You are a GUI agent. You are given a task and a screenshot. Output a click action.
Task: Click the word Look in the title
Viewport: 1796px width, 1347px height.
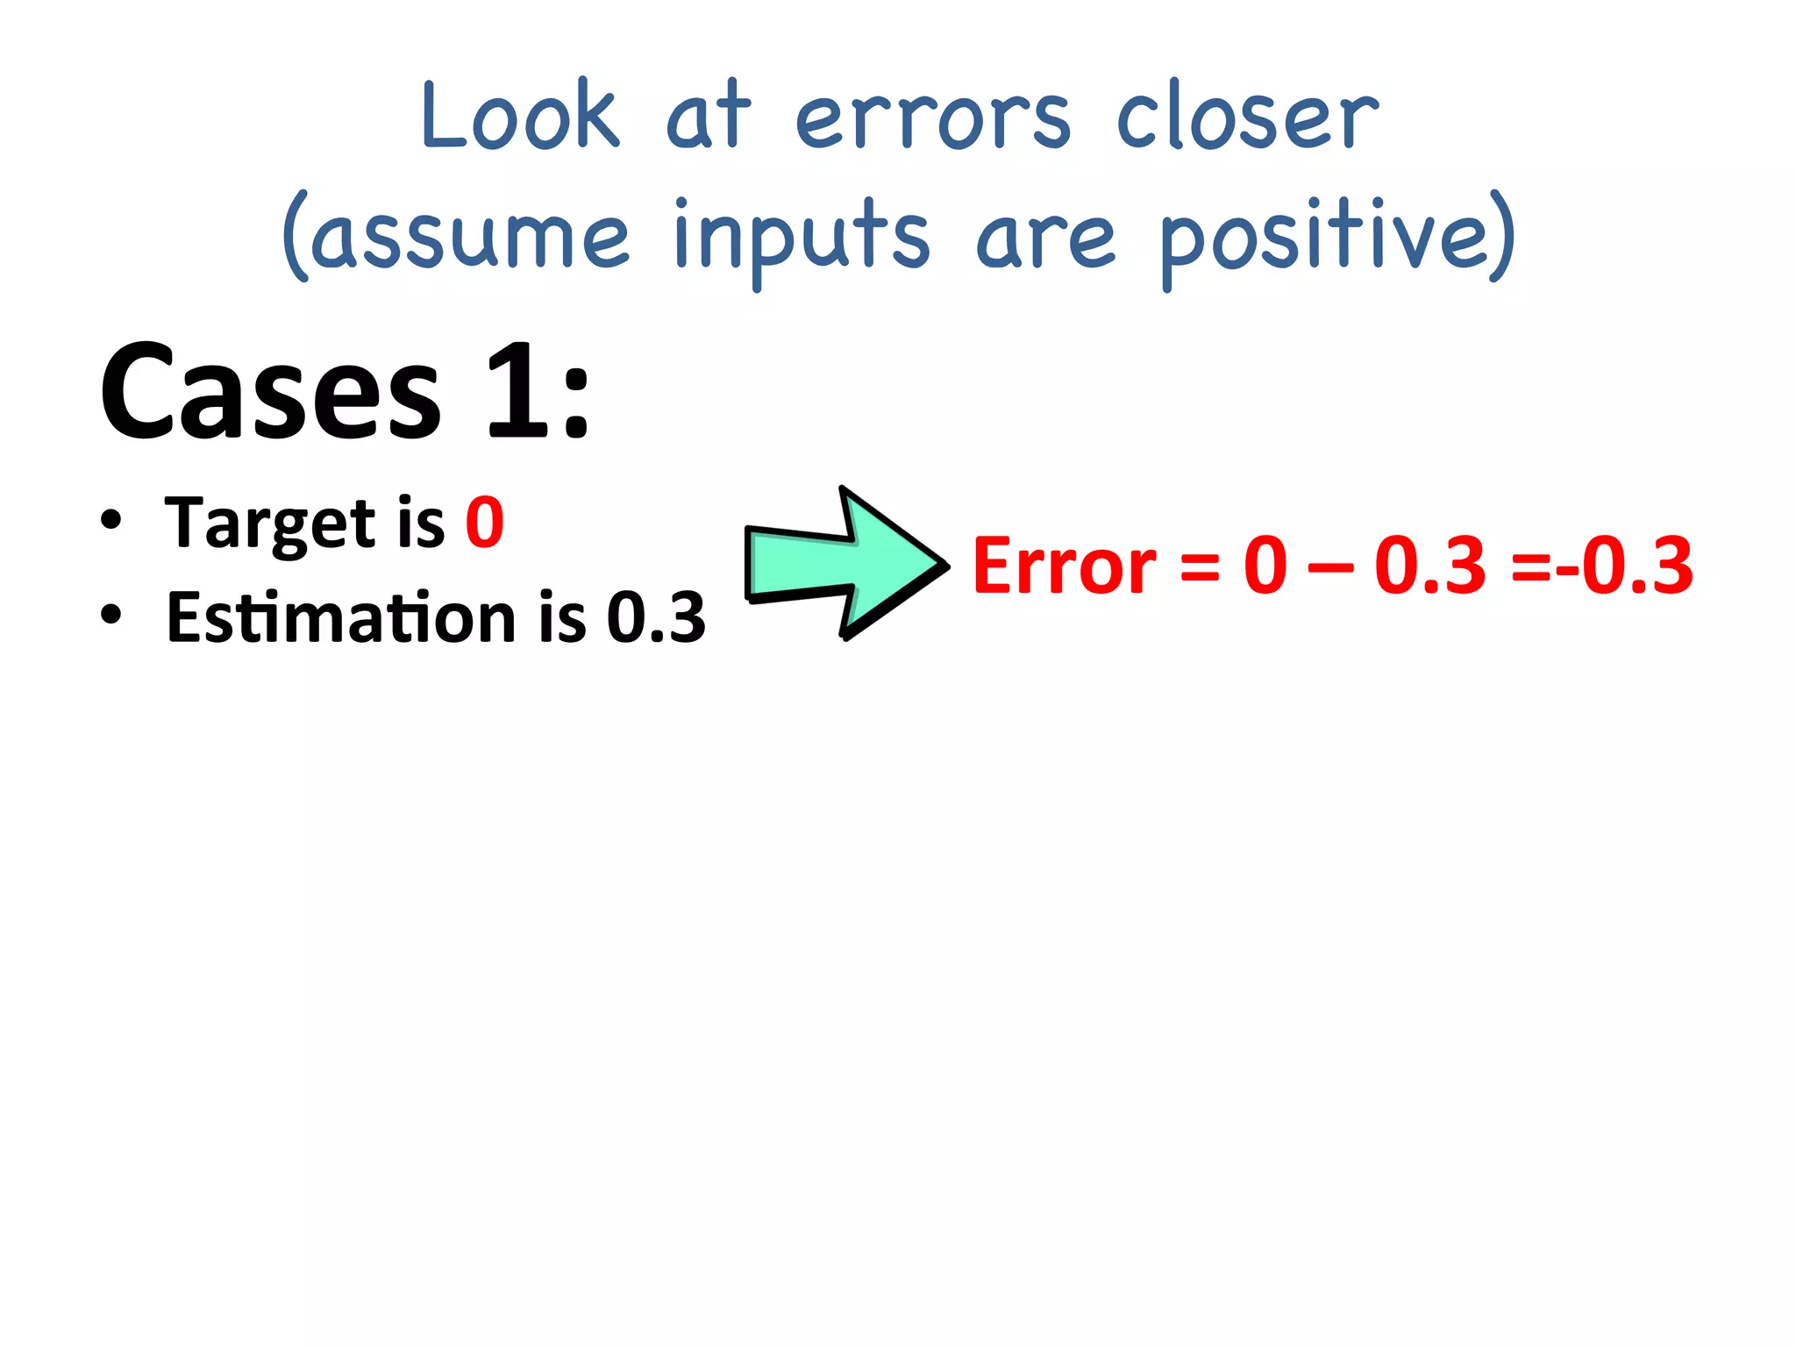(x=520, y=117)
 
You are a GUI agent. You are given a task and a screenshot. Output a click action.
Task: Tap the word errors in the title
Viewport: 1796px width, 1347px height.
(x=932, y=120)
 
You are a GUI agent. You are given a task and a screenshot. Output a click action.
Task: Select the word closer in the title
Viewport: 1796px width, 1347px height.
(x=1247, y=118)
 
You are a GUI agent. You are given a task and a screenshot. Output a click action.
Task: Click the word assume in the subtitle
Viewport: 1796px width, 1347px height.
(x=471, y=237)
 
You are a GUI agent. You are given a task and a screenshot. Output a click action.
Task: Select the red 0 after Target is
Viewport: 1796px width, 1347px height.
(x=485, y=523)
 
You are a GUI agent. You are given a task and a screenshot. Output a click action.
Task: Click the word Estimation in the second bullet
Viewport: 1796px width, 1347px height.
(x=340, y=617)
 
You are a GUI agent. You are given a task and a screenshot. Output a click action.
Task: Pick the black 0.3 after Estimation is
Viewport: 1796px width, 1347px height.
(x=656, y=617)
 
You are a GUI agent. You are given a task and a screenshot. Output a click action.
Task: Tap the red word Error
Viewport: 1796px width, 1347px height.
(x=1064, y=567)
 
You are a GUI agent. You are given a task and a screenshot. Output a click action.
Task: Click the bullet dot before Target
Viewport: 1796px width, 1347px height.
(x=110, y=519)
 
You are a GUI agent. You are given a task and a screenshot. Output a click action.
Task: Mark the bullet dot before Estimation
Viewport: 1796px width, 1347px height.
(x=110, y=614)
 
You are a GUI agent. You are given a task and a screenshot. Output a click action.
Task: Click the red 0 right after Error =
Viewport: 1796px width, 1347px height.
(x=1265, y=567)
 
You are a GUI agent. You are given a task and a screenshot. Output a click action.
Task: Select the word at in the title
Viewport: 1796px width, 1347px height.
(x=708, y=117)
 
